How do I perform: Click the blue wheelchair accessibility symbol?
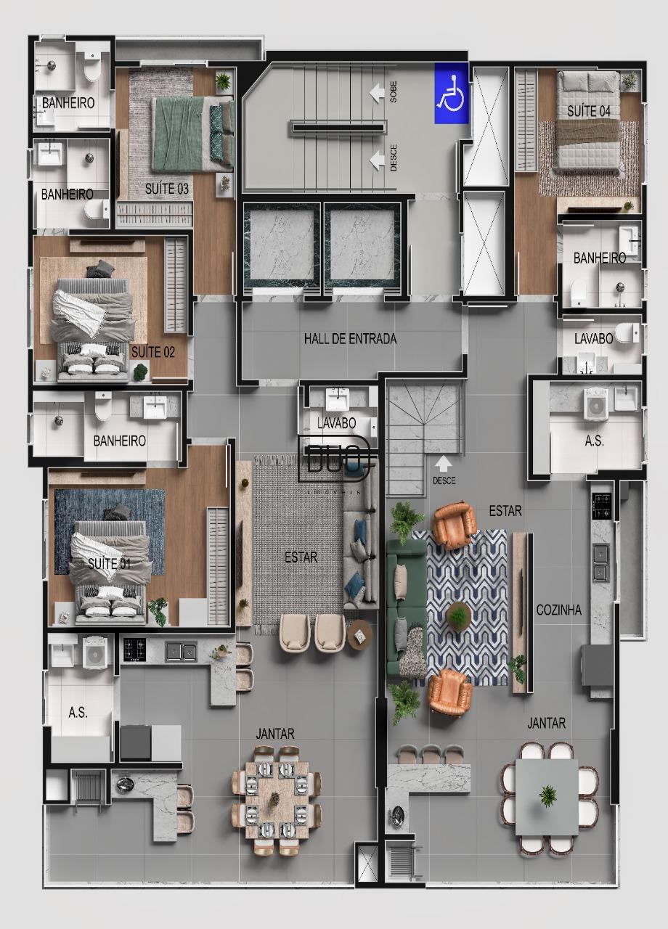click(452, 93)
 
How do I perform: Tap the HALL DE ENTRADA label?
click(350, 339)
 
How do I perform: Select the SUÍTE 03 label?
click(167, 189)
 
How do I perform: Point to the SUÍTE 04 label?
click(589, 111)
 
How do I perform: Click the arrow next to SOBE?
click(377, 93)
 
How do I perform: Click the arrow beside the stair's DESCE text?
click(377, 160)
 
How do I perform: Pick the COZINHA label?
click(559, 610)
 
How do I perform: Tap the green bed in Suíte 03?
click(192, 134)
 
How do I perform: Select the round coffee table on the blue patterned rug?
click(460, 615)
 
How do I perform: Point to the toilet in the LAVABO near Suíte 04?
click(627, 332)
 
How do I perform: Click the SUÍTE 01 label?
click(109, 564)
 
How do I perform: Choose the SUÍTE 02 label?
click(153, 353)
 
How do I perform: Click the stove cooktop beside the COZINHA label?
click(602, 506)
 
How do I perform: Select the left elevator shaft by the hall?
click(282, 248)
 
